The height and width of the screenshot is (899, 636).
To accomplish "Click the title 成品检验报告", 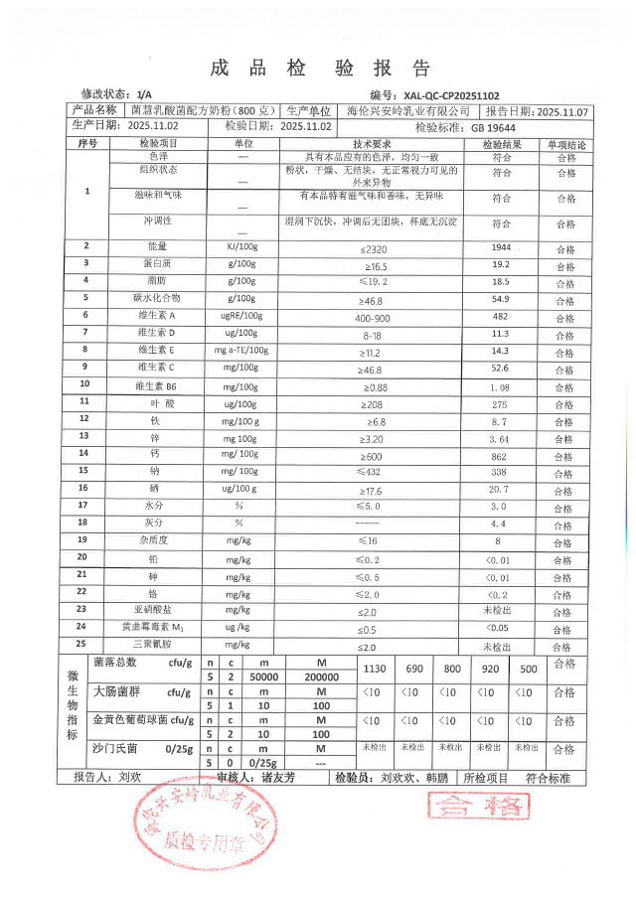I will (x=320, y=68).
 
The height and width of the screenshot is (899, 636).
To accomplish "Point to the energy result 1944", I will (x=502, y=245).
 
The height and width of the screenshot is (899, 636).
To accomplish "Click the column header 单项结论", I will (x=564, y=144).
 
